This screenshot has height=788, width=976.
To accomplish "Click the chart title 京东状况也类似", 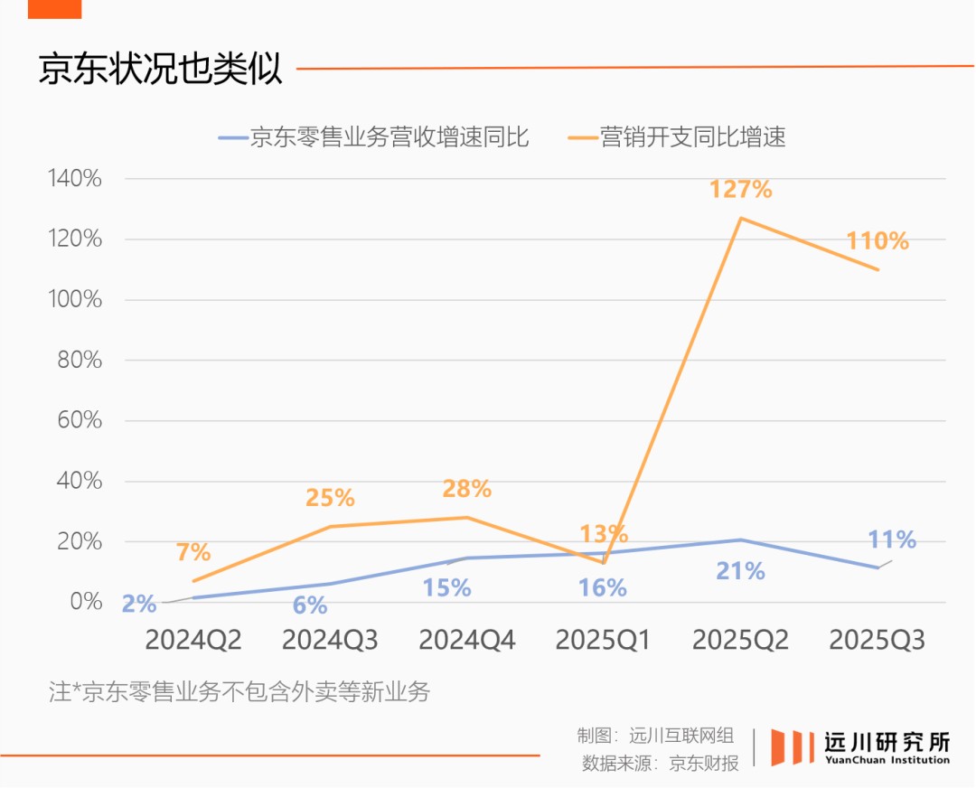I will click(161, 69).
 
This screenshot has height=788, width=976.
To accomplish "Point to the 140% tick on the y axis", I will click(74, 179).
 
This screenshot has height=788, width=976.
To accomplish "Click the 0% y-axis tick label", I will click(85, 602).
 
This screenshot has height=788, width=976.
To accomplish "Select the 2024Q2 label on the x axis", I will click(193, 641).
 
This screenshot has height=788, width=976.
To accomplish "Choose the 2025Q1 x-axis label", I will click(604, 641).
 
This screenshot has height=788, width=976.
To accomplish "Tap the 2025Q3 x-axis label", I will click(877, 641).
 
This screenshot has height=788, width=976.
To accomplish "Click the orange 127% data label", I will click(741, 190).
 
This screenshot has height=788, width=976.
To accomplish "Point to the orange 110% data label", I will click(877, 241).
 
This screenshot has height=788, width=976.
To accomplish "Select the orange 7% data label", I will click(193, 552).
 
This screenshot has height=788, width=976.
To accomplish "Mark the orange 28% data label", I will click(467, 489).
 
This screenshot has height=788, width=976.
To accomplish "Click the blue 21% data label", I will click(741, 571).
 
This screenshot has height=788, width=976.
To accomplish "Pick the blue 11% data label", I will click(892, 540).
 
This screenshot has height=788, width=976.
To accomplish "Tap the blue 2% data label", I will click(139, 605).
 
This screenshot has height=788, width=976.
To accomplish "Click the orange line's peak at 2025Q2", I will click(741, 218).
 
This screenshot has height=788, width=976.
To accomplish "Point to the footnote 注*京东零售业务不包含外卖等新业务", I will click(240, 693).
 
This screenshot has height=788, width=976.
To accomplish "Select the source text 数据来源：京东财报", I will click(661, 764).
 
